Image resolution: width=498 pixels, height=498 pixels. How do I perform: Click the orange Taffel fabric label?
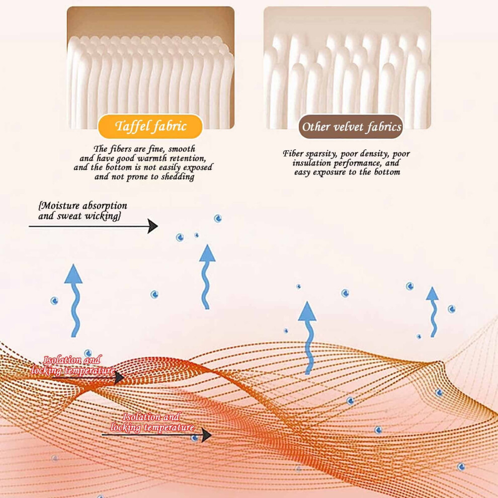click(150, 126)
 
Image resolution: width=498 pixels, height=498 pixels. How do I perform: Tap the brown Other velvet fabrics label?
click(351, 127)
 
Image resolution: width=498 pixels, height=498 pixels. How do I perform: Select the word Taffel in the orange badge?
click(132, 126)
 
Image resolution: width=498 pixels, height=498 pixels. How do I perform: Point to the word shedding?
click(178, 177)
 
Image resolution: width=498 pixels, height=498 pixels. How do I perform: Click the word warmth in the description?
click(152, 158)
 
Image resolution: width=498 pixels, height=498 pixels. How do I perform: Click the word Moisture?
click(60, 206)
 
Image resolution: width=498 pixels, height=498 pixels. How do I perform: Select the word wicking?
click(103, 217)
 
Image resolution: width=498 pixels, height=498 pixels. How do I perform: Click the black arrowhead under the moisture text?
click(152, 226)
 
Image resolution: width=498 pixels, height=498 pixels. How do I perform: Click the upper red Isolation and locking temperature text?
click(73, 365)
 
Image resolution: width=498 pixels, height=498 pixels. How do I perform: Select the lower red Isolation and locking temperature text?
click(152, 422)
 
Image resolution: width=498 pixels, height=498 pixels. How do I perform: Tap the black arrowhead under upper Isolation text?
click(119, 378)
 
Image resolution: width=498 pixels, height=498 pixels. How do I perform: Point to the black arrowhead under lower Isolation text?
click(206, 435)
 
